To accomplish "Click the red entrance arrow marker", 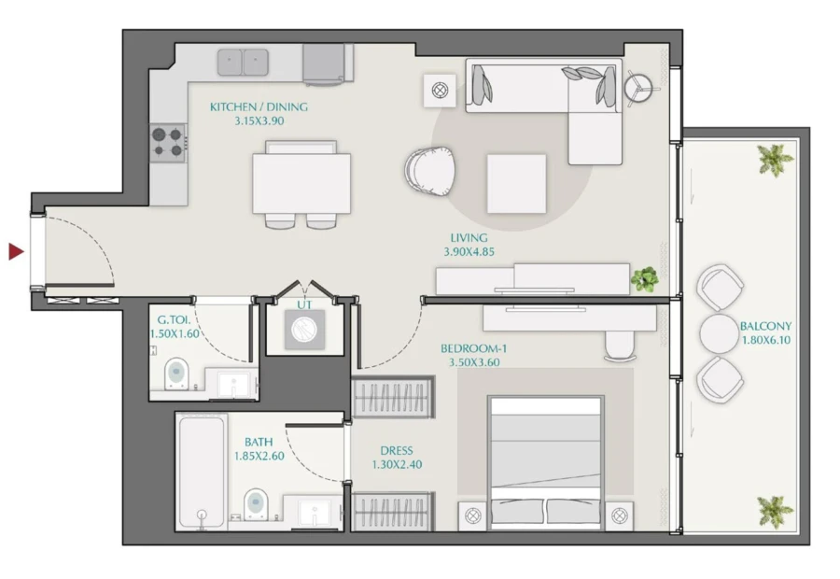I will coord(16,251).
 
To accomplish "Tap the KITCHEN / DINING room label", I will coord(259,107).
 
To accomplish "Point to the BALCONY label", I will coord(765,327).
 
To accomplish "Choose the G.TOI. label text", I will coord(175,319).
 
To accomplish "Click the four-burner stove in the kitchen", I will coord(169,142).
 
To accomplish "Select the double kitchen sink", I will coord(244,63).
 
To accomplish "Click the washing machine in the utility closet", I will coord(303,331).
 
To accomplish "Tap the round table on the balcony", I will coord(720,332).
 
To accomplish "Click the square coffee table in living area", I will coord(515,183).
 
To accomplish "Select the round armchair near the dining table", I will coord(430,171).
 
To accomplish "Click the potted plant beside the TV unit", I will coord(644,278).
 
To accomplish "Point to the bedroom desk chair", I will coord(619,346).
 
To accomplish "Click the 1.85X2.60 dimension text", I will coord(259,457).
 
